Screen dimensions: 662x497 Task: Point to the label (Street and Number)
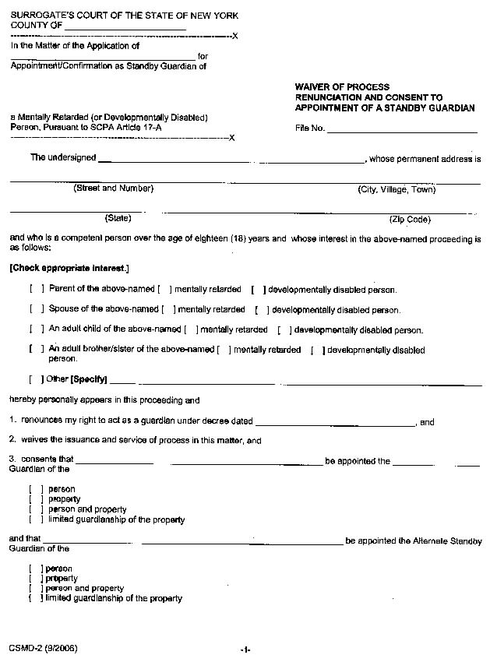click(x=114, y=188)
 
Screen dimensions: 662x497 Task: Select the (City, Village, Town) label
click(x=397, y=189)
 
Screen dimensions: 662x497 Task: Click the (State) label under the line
click(x=118, y=219)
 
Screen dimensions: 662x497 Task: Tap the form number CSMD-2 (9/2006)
click(x=44, y=648)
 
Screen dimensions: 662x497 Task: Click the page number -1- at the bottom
click(x=245, y=650)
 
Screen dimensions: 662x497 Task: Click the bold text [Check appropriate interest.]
click(x=69, y=268)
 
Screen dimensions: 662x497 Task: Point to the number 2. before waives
click(x=13, y=440)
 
